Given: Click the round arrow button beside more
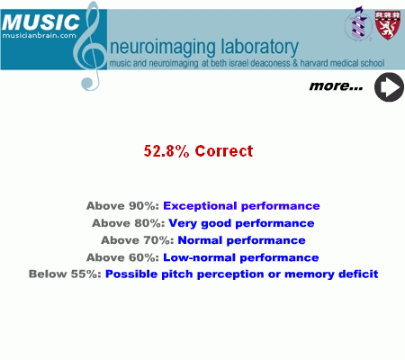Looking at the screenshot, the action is point(389,87).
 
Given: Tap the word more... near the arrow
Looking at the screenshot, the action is point(336,86).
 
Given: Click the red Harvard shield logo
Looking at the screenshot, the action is point(388,25).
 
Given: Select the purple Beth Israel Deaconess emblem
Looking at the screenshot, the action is point(358,24).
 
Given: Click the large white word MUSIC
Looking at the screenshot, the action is point(40,22).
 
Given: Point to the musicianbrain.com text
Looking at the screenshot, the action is point(40,35).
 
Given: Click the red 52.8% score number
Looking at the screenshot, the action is point(166,151).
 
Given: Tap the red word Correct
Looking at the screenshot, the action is point(224,151).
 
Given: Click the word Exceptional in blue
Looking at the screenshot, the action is point(200,206).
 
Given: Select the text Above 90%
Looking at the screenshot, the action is point(122,206).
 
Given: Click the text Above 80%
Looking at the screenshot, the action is point(129,223).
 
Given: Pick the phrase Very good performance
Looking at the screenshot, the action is point(241,223).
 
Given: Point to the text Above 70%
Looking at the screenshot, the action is point(138,240).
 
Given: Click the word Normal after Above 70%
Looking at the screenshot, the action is point(200,240).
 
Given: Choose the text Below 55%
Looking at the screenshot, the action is point(65,274).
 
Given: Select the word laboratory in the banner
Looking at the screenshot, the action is point(260,47).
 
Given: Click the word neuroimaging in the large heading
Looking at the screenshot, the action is point(163,48).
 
